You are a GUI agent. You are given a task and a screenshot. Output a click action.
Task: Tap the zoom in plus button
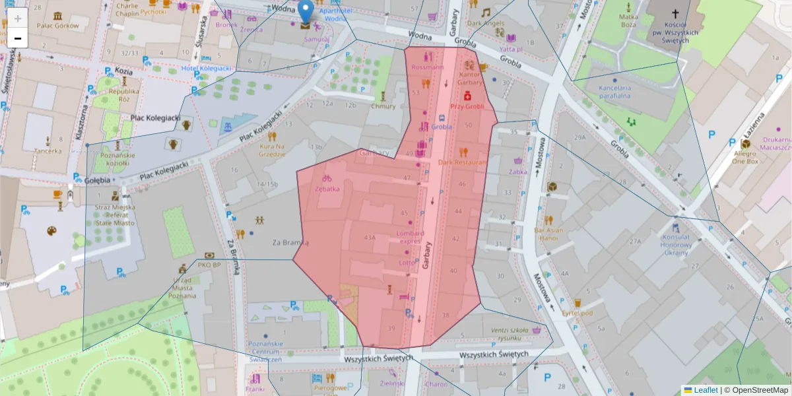coord(18,18)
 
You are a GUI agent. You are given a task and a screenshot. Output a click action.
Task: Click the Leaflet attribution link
coord(706,390)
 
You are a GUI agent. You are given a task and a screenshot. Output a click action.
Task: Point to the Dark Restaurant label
coord(462,162)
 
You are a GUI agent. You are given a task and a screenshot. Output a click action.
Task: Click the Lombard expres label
coord(409,237)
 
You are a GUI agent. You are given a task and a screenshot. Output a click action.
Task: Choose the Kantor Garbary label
coord(470,79)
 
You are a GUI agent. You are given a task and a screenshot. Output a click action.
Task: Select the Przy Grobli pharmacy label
coord(467,106)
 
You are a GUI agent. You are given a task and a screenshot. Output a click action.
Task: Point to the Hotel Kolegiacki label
coord(206,68)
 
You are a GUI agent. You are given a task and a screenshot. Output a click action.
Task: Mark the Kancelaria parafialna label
coord(614,91)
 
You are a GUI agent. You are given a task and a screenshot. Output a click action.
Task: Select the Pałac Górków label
coord(57,26)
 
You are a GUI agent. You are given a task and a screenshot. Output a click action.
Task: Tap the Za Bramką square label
coord(290,242)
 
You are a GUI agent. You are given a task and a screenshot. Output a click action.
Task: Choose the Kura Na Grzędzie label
coord(272,150)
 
